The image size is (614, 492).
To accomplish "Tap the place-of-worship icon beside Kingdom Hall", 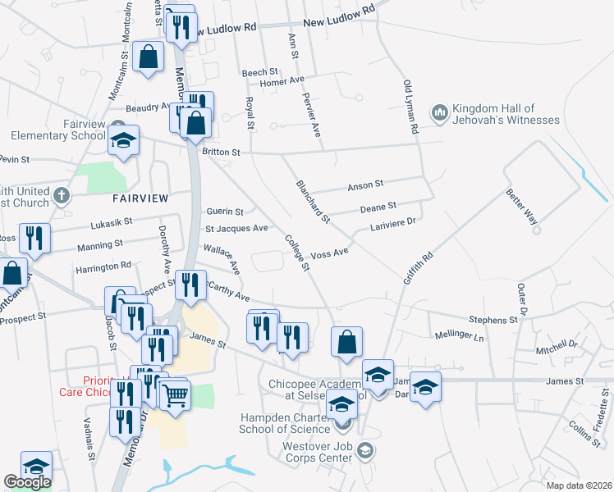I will click(x=440, y=111).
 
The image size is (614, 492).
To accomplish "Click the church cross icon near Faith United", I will click(x=61, y=194).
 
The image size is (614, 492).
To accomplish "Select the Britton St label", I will click(x=221, y=153).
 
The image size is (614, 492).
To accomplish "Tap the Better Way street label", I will click(x=520, y=208).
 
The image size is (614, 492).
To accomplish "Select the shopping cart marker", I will click(x=176, y=394).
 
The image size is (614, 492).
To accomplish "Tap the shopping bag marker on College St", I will click(x=346, y=341).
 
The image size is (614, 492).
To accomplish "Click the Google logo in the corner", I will click(x=27, y=482).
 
